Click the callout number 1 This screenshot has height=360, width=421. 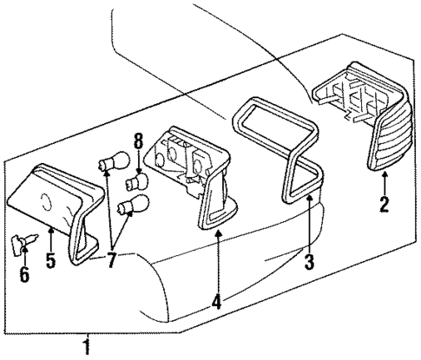pyautogui.click(x=85, y=348)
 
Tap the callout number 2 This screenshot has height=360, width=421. pyautogui.click(x=385, y=206)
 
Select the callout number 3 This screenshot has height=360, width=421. pyautogui.click(x=309, y=261)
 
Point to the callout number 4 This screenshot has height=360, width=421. pyautogui.click(x=215, y=304)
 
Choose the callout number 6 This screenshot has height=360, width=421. pyautogui.click(x=24, y=276)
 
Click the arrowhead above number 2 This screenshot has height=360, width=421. pyautogui.click(x=385, y=177)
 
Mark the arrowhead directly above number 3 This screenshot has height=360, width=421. pyautogui.click(x=309, y=199)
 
